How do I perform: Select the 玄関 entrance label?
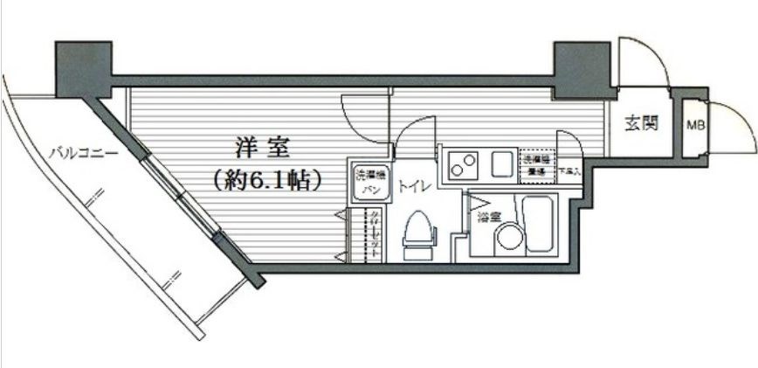click(x=641, y=123)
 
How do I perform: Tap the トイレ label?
click(x=414, y=186)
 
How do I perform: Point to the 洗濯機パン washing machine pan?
click(x=366, y=182)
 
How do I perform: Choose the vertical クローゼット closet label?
click(x=373, y=234)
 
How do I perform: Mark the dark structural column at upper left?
click(x=84, y=68)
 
